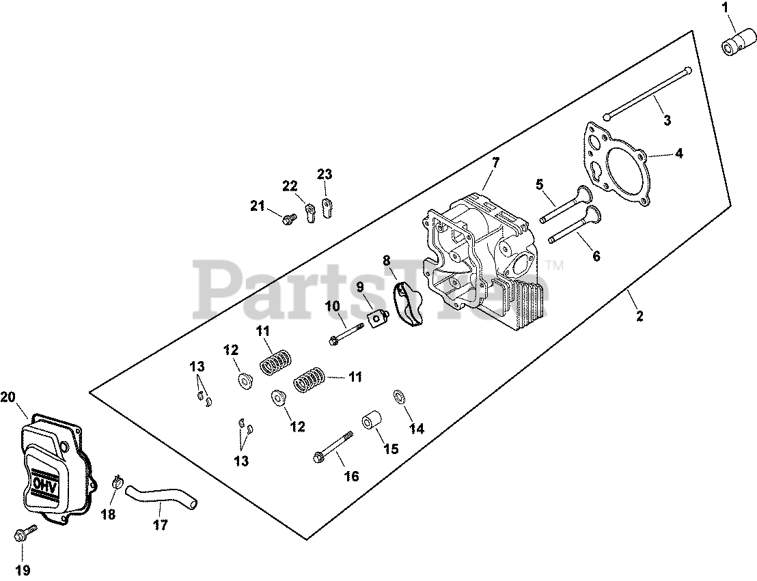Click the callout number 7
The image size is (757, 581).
tap(495, 162)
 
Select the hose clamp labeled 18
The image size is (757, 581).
tap(117, 483)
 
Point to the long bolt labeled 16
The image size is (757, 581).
tap(333, 448)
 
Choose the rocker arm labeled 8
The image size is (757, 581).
tap(409, 306)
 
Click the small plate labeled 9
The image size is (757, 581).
tap(376, 317)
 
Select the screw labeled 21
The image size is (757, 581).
tap(288, 218)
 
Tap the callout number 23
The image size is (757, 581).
tap(324, 174)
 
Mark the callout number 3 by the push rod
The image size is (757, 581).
tap(667, 121)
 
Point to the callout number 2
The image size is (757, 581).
tap(639, 317)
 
